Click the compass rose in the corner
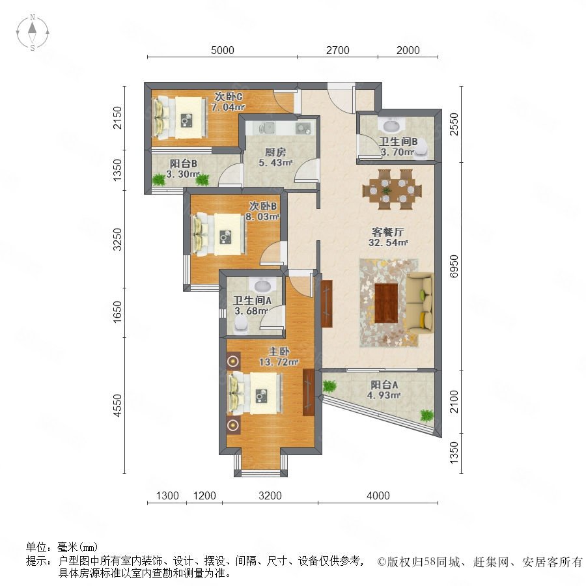[33, 33]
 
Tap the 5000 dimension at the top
[223, 50]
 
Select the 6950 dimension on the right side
[453, 266]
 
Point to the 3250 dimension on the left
[117, 240]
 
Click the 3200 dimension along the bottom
[270, 495]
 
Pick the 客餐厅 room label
[388, 232]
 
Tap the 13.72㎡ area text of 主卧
[279, 362]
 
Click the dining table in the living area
[392, 189]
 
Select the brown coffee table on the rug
[386, 303]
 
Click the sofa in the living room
[420, 303]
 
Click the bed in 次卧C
[180, 117]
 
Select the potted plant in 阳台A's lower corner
[426, 415]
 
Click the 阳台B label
[183, 163]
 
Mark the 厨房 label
[275, 152]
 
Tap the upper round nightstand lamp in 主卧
[233, 361]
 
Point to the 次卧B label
[263, 206]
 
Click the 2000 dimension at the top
[408, 50]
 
